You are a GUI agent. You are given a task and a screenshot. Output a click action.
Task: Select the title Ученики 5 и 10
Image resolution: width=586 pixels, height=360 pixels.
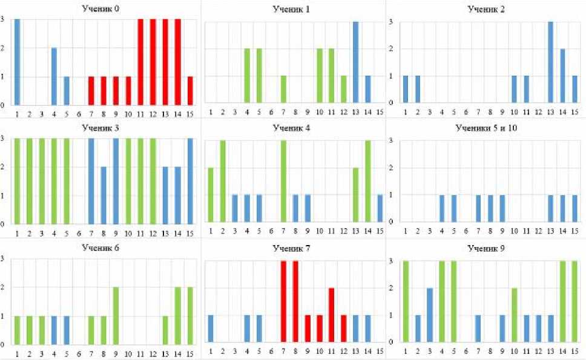coord(490,128)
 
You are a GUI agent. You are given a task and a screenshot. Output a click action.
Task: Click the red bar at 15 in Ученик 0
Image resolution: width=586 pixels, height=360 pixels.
coord(190,91)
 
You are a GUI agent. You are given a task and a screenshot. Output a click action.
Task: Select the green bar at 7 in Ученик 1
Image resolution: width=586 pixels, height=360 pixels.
coord(283,89)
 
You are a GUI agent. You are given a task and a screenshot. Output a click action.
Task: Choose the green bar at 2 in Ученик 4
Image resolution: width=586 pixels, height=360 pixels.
coord(223,182)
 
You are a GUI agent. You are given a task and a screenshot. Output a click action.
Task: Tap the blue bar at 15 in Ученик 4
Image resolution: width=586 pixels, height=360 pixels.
coord(380,208)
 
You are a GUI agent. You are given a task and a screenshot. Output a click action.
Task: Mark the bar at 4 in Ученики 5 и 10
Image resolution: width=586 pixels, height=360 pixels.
coord(442,208)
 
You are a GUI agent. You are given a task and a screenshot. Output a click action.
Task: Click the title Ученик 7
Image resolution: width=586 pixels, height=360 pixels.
coord(291,248)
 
